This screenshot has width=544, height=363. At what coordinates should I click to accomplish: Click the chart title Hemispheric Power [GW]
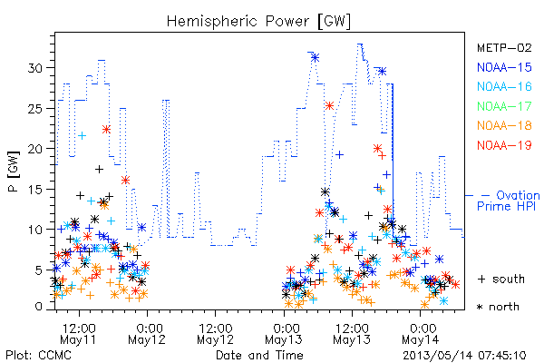(x=258, y=21)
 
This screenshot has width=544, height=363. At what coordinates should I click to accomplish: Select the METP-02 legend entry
(x=504, y=47)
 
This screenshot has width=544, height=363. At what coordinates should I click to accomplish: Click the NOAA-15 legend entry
(x=504, y=67)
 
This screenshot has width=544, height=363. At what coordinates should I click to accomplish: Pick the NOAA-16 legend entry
(x=504, y=86)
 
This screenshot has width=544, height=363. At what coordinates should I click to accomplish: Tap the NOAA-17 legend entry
(x=504, y=106)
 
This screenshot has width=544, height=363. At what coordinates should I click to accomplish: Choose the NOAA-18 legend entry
(x=504, y=125)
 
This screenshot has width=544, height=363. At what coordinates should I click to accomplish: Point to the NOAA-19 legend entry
(x=504, y=145)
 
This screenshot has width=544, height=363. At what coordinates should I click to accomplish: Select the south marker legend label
(x=501, y=279)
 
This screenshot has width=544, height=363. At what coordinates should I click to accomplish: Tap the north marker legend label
(x=498, y=307)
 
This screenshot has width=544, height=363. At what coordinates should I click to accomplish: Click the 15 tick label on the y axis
(x=35, y=190)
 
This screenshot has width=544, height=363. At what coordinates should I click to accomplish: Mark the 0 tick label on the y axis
(x=39, y=307)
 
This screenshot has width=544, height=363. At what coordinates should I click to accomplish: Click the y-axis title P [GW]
(x=14, y=172)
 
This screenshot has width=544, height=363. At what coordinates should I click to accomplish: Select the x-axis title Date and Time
(x=259, y=356)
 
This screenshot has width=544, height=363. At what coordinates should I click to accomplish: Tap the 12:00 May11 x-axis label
(x=79, y=334)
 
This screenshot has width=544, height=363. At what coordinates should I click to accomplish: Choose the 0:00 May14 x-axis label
(x=421, y=334)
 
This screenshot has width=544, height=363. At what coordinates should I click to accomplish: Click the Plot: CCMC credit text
(x=38, y=356)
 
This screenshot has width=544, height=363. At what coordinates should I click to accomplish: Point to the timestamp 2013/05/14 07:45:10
(x=464, y=356)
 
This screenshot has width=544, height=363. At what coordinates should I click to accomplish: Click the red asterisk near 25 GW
(x=329, y=106)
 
